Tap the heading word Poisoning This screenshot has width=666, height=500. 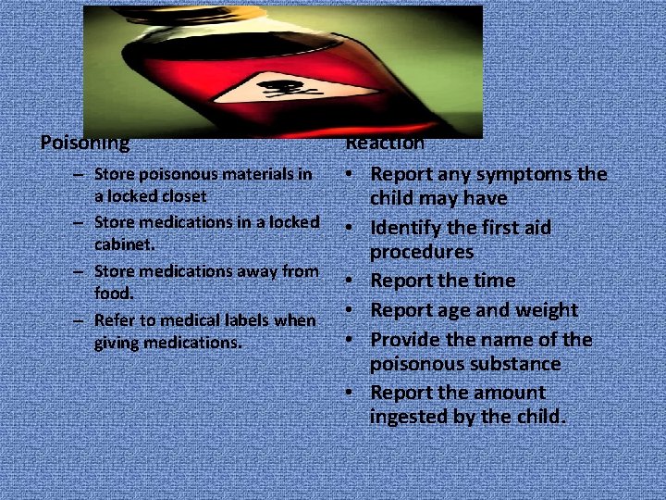tap(85, 144)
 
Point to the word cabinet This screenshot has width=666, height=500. tap(122, 246)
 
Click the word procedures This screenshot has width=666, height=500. tap(421, 252)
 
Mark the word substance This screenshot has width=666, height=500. tap(516, 364)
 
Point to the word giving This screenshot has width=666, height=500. tap(117, 344)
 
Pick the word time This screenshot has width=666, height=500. tap(494, 281)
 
